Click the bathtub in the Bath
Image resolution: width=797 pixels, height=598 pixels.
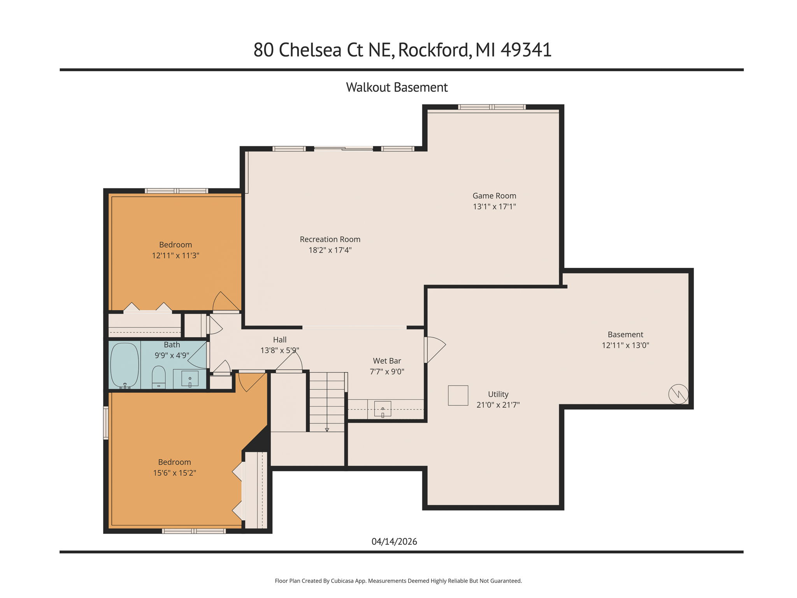[125, 365]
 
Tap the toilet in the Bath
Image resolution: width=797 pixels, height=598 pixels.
[158, 377]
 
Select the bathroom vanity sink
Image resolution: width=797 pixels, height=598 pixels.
[190, 378]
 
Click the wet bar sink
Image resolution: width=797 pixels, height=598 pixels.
[383, 409]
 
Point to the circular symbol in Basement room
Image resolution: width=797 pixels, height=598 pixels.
[678, 394]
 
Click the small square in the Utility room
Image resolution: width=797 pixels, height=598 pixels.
[458, 396]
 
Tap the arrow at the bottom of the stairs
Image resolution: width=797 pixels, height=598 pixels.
[327, 429]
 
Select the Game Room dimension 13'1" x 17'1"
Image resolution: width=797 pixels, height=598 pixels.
[494, 207]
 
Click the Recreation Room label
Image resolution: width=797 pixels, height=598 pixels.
[330, 239]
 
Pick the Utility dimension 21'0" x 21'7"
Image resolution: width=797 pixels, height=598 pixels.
[498, 405]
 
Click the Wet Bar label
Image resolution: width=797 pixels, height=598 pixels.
[387, 361]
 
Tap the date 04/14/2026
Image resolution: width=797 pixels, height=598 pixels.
[394, 542]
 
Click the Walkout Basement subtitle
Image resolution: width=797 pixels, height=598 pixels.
[397, 87]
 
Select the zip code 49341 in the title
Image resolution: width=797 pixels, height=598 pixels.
[526, 50]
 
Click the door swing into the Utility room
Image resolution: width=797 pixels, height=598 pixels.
[435, 349]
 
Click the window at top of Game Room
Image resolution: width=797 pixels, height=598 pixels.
[492, 107]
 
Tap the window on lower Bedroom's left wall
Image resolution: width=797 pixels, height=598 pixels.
[105, 423]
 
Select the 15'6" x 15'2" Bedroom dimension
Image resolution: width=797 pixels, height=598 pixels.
[174, 473]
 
